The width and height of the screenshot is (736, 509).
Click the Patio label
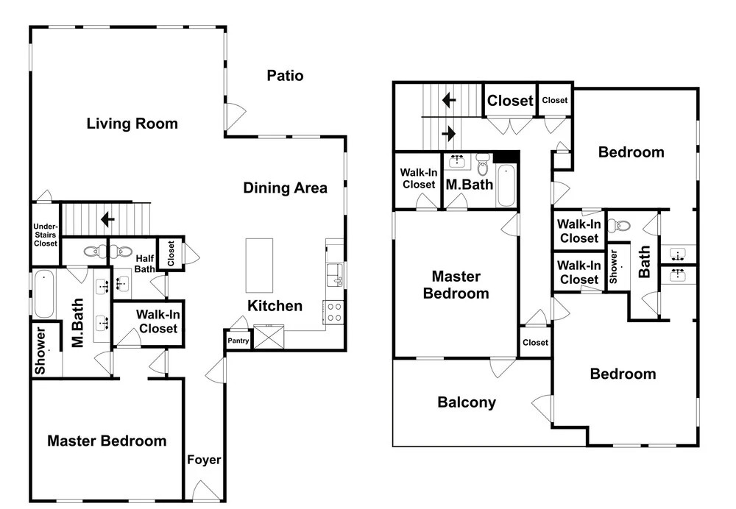coord(285,76)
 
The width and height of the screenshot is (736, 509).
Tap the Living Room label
coord(132,124)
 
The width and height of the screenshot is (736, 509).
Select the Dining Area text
coord(285,188)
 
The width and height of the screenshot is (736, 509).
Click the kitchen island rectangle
coord(259,266)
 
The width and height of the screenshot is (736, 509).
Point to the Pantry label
coord(238,341)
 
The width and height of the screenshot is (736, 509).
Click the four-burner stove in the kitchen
coord(333,312)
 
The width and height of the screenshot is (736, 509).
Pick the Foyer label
coord(204,460)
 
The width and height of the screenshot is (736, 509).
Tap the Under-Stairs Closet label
coord(46,235)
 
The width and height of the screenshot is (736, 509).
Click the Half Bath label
coord(144,263)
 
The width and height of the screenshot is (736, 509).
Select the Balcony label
coord(467,402)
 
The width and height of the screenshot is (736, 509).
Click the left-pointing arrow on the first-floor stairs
coord(108,219)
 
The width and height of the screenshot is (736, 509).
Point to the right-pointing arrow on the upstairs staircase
coord(449,134)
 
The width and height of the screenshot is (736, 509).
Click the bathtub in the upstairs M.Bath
coord(506,185)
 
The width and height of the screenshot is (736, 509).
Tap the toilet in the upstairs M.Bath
coord(483,163)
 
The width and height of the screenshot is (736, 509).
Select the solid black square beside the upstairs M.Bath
coord(506,157)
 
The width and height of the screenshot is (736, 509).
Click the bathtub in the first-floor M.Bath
coord(44,294)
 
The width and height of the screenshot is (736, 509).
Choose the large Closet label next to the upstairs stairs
coord(510,100)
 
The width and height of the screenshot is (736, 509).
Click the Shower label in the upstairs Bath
coord(613,266)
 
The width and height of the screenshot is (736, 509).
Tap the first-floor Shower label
coord(40,350)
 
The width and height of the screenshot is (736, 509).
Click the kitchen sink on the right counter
coord(335,275)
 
